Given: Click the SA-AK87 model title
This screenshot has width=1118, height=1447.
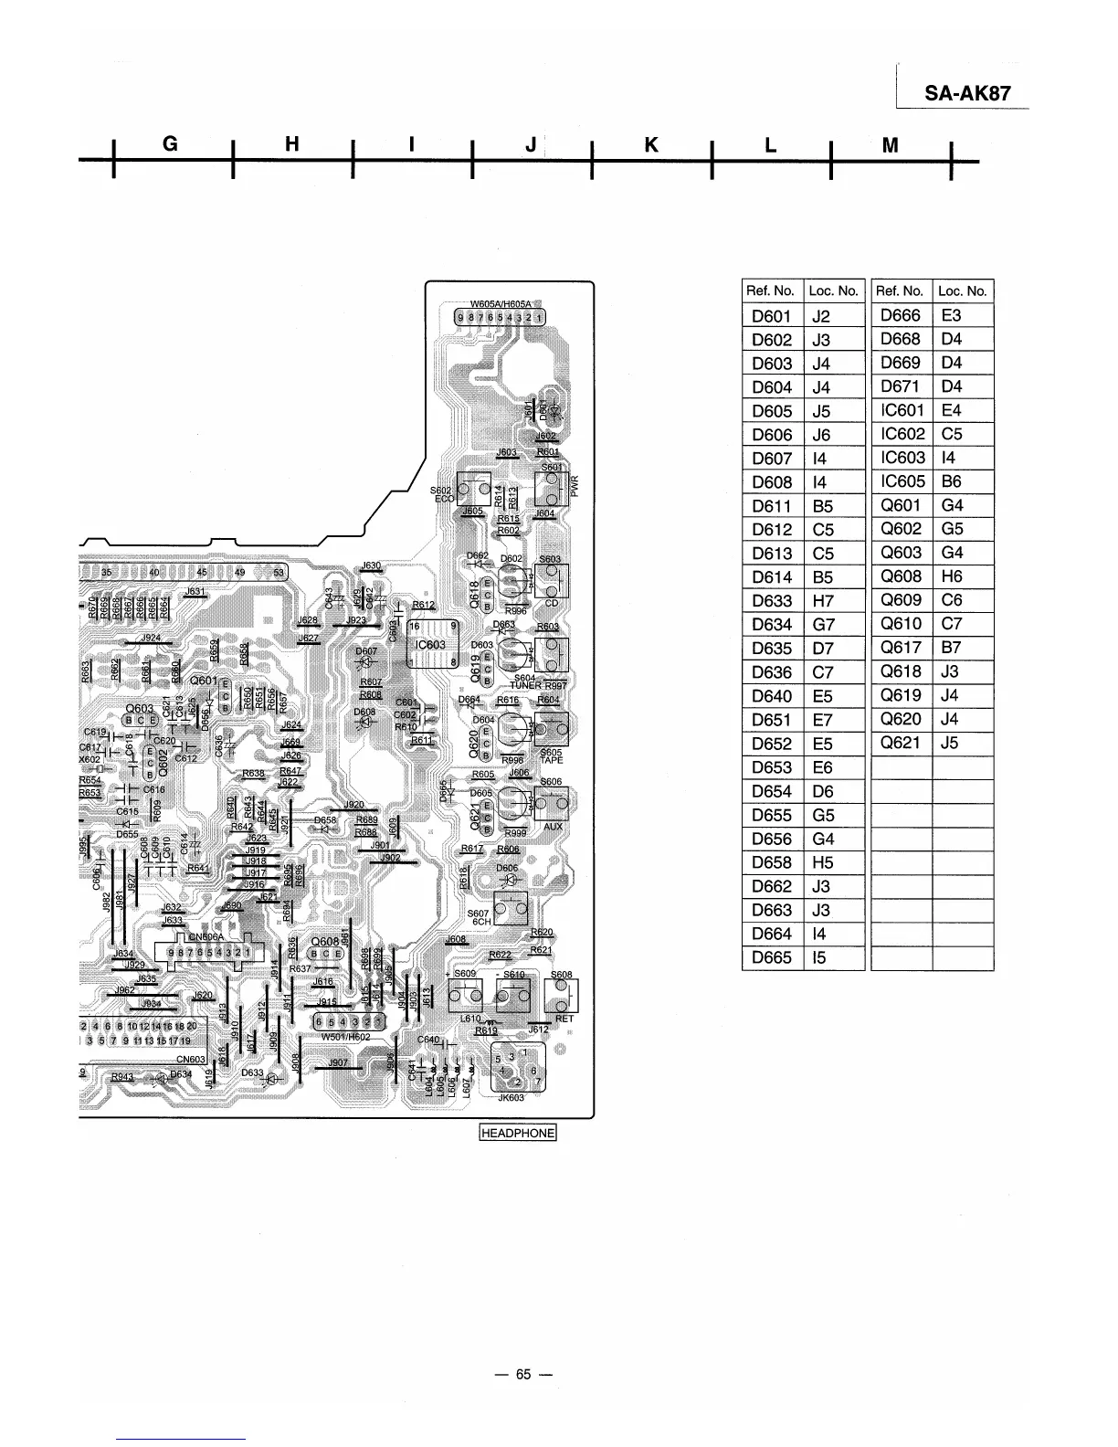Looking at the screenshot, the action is point(967,93).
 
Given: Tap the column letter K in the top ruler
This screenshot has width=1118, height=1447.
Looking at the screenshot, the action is point(651,144).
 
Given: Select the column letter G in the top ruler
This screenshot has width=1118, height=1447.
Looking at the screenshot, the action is point(170,144).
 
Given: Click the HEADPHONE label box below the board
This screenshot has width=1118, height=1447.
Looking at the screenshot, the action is point(518,1133).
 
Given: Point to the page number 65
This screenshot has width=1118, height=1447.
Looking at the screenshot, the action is point(522,1375).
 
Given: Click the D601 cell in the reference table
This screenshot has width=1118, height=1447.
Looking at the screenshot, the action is point(771,316).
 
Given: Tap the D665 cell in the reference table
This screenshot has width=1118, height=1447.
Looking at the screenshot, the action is point(771,957).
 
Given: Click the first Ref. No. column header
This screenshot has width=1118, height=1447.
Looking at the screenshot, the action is point(771,291).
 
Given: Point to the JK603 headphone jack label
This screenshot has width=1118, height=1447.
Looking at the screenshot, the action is point(511,1098).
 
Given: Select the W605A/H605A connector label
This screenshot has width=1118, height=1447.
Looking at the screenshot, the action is point(501,304).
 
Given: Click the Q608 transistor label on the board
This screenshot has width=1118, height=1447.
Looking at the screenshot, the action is point(325,942).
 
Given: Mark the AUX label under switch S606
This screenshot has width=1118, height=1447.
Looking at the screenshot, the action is point(553,826).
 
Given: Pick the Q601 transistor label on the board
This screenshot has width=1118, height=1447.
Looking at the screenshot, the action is point(203,681).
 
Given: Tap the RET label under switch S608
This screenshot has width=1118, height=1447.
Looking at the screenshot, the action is point(564,1019).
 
